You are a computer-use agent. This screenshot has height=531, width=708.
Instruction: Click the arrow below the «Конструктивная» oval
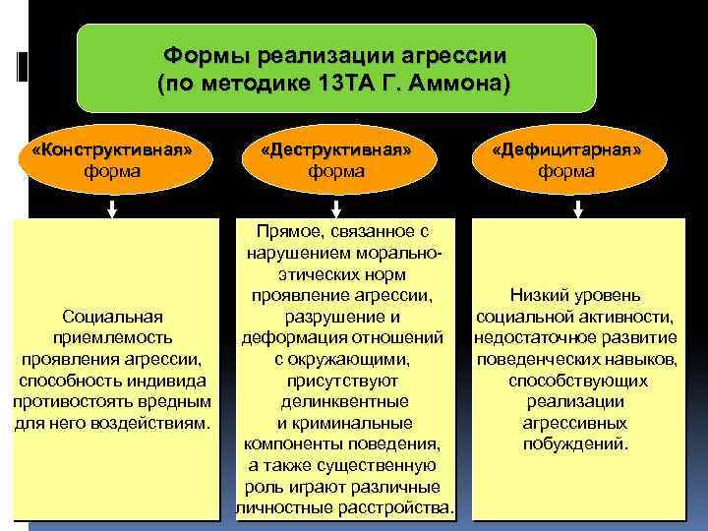click(113, 207)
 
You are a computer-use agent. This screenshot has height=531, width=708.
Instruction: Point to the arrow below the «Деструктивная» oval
click(336, 207)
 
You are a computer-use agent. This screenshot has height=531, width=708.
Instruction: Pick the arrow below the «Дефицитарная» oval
click(578, 207)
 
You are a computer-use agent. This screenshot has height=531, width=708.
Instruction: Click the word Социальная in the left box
click(112, 316)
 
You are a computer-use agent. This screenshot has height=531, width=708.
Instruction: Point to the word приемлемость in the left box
click(112, 337)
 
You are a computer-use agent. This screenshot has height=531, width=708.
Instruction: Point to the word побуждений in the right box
click(575, 443)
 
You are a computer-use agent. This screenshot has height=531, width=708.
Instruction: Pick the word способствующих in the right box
click(577, 381)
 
